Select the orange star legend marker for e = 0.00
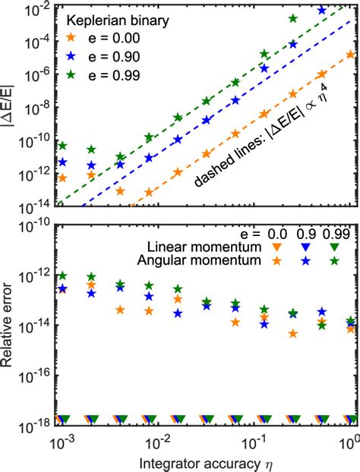[72, 36]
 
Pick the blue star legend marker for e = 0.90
[72, 55]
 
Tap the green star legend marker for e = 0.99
[72, 73]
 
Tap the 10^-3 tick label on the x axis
[61, 439]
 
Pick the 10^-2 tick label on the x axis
[158, 439]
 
